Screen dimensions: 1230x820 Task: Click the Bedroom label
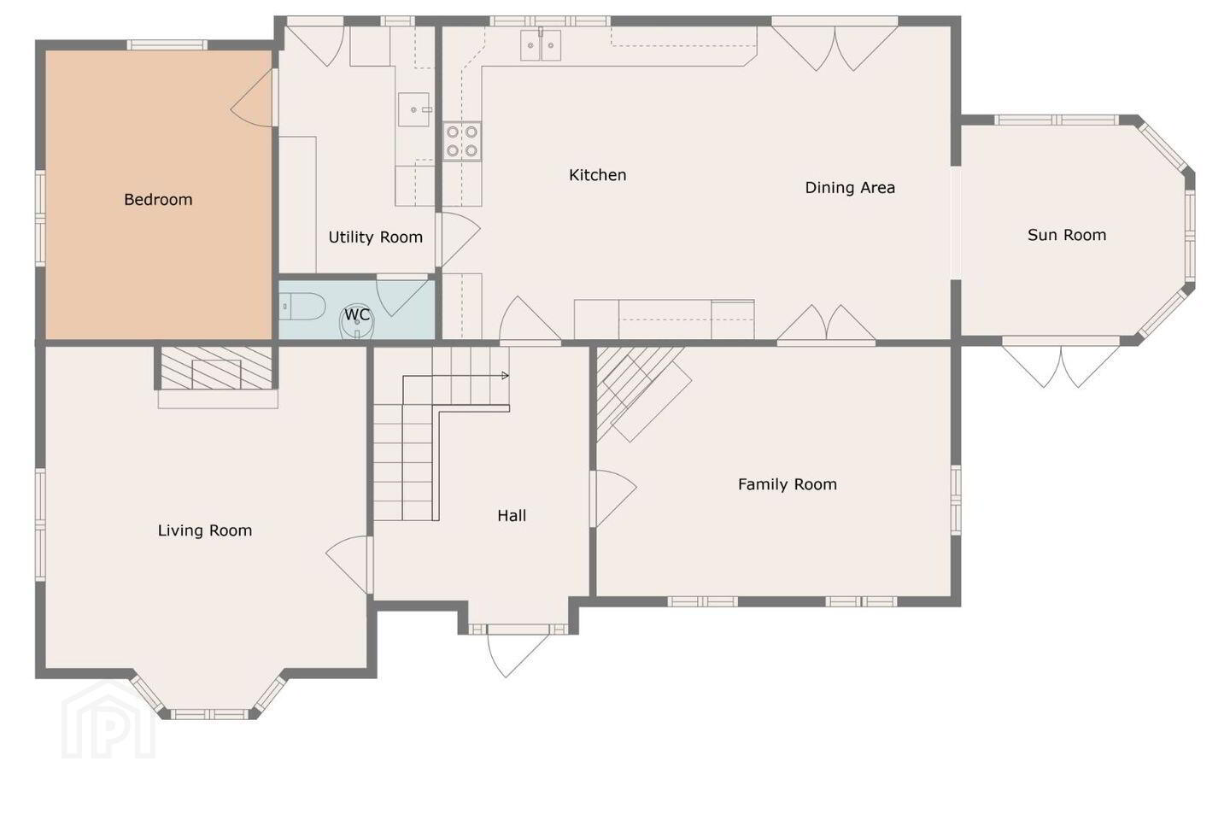click(158, 199)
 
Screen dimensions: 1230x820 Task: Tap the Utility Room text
click(376, 237)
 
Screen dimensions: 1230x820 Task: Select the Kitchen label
click(597, 175)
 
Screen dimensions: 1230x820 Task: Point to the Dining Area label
click(850, 188)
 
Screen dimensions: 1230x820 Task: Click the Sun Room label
click(1067, 235)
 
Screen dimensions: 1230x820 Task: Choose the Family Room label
click(788, 484)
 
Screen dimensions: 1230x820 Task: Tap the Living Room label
click(205, 530)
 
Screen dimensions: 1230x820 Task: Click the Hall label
click(512, 516)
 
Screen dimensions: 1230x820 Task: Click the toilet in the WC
click(302, 307)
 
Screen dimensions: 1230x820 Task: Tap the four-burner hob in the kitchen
click(462, 141)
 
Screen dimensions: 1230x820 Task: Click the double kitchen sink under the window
click(541, 45)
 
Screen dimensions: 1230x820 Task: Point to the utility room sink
click(413, 109)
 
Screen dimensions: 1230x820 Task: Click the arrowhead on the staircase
click(505, 376)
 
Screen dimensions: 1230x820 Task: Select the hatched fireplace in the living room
click(216, 368)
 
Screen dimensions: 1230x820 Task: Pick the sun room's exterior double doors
click(1061, 366)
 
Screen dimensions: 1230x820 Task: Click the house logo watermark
click(108, 720)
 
